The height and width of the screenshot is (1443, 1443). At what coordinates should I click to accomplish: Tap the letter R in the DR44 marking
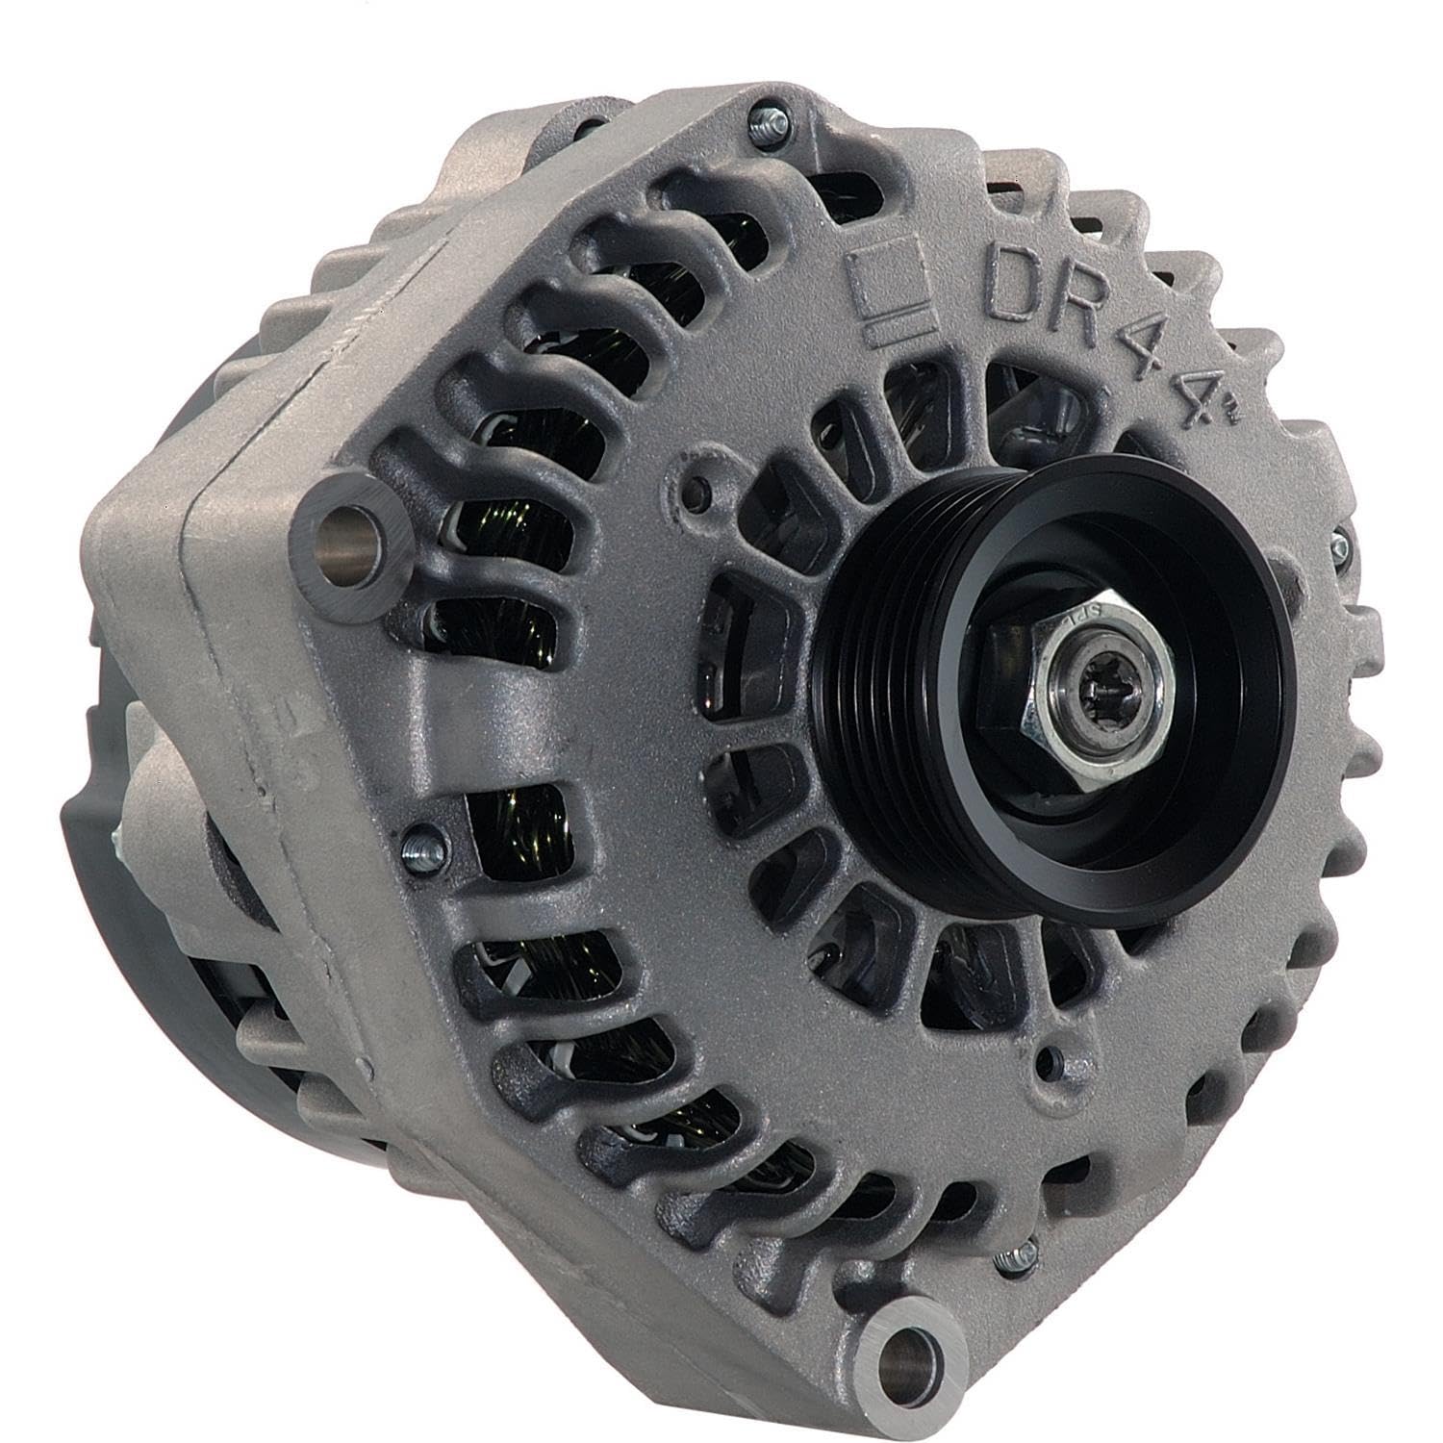pos(1083,321)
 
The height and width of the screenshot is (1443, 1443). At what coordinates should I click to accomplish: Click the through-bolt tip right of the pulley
pos(1340,546)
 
